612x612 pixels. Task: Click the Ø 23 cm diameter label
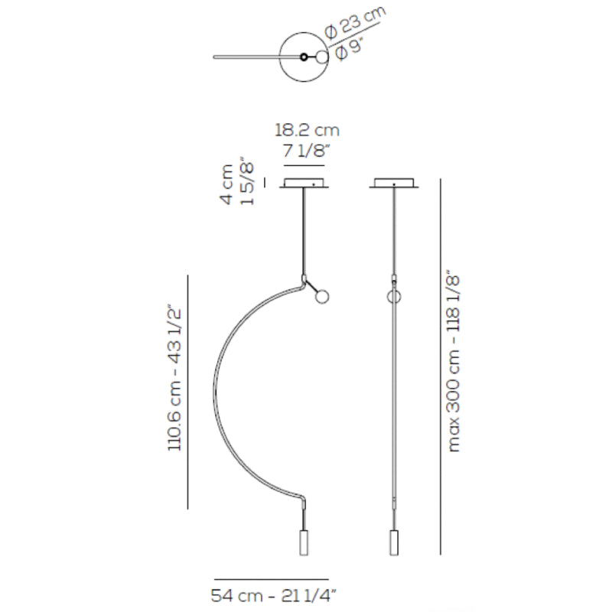(x=356, y=21)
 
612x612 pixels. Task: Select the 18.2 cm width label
(x=308, y=130)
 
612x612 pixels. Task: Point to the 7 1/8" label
(x=304, y=151)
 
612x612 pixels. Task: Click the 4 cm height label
(x=226, y=184)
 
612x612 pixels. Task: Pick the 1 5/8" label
(x=247, y=181)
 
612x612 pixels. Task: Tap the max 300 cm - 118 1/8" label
(x=453, y=360)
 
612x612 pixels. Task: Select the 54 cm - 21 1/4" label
(x=274, y=596)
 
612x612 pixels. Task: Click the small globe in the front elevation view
(x=322, y=297)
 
